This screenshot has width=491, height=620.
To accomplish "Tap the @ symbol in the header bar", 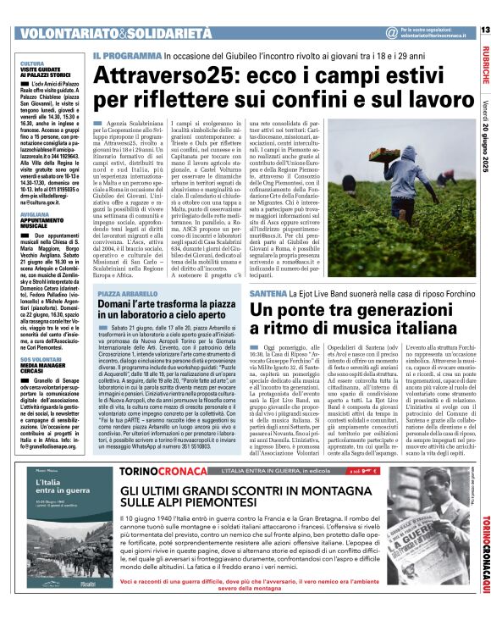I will (390, 33).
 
